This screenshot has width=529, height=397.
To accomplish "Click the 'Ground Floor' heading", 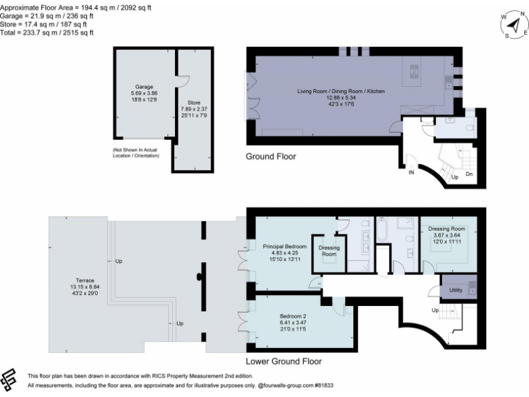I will pos(271,157).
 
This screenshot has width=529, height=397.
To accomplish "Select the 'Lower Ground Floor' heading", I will pos(283,361).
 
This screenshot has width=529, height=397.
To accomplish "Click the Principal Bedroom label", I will pos(284,246).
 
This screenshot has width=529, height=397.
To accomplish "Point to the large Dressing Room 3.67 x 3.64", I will pos(448,229).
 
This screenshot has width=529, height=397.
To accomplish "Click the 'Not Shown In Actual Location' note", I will pos(136,152).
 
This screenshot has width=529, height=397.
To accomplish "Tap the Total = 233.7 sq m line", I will pos(47,32).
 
